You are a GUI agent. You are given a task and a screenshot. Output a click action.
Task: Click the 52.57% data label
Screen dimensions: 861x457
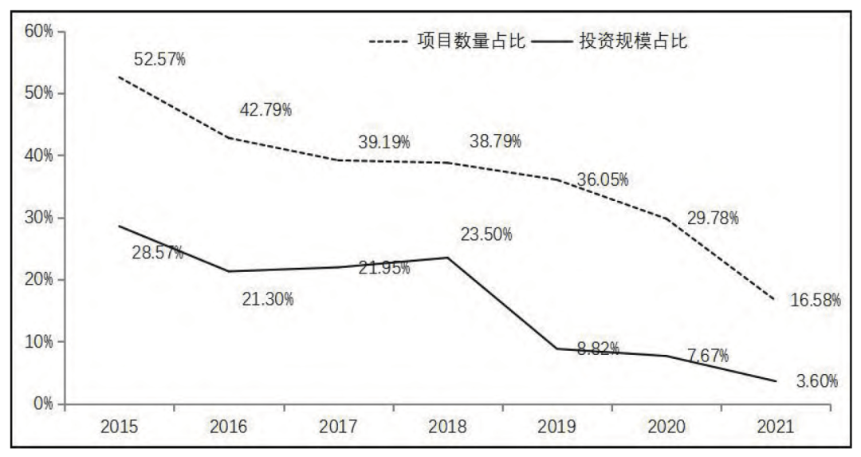tap(159, 59)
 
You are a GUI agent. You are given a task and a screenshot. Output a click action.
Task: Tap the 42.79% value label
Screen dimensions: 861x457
tap(265, 110)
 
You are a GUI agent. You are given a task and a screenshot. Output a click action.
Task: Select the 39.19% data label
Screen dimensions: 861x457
tap(384, 142)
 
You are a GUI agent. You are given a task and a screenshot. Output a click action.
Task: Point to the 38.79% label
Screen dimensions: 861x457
tap(495, 141)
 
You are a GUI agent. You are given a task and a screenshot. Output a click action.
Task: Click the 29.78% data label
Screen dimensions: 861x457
tap(713, 218)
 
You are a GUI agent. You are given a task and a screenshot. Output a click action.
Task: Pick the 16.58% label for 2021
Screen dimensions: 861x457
tap(816, 300)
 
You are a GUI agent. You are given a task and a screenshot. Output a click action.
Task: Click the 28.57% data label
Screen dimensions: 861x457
tap(158, 253)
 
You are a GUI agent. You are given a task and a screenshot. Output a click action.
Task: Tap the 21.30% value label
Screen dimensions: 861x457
tap(268, 299)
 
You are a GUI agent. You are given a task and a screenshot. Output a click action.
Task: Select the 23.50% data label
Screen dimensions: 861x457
tap(486, 234)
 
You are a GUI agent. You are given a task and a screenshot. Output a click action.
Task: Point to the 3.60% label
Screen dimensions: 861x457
tap(817, 380)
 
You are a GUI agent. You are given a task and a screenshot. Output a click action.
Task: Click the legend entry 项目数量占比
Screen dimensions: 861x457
tap(471, 41)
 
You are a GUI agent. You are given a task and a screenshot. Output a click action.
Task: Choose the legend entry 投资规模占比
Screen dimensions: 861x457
tap(633, 41)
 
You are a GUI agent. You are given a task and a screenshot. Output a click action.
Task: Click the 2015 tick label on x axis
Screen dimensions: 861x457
tap(119, 427)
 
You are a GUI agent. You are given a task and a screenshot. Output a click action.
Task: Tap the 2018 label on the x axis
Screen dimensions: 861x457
tap(447, 427)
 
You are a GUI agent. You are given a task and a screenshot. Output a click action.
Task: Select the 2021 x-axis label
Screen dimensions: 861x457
tap(776, 427)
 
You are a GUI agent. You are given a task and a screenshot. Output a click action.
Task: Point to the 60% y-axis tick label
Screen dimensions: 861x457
tap(39, 31)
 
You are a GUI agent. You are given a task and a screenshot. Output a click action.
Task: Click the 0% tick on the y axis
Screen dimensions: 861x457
tap(43, 404)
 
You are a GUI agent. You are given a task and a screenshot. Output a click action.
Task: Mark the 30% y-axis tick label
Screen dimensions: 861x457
tap(39, 218)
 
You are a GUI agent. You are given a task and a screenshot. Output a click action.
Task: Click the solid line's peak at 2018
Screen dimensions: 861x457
tap(447, 258)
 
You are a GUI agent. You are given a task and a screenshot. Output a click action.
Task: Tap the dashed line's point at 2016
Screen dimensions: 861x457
tap(229, 137)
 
